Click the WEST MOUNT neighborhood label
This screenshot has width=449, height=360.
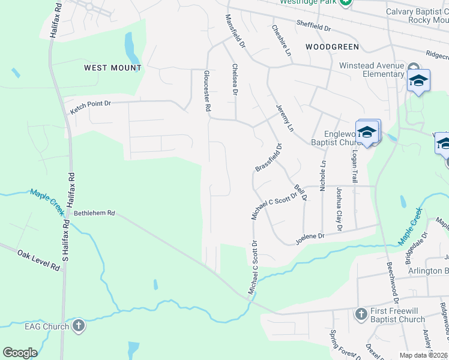[x=113, y=68]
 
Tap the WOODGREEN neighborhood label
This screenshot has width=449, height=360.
[x=332, y=46]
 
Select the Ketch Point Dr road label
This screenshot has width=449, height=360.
[x=91, y=107]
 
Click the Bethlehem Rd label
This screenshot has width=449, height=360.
[x=94, y=212]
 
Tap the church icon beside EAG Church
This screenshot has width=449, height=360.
[x=78, y=326]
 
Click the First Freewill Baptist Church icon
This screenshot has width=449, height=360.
[x=361, y=314]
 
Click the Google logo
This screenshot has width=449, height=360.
[x=20, y=353]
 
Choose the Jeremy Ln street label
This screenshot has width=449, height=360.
[x=285, y=119]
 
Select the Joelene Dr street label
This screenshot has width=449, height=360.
[x=309, y=239]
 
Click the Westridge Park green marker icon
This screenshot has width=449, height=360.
[x=345, y=2]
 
